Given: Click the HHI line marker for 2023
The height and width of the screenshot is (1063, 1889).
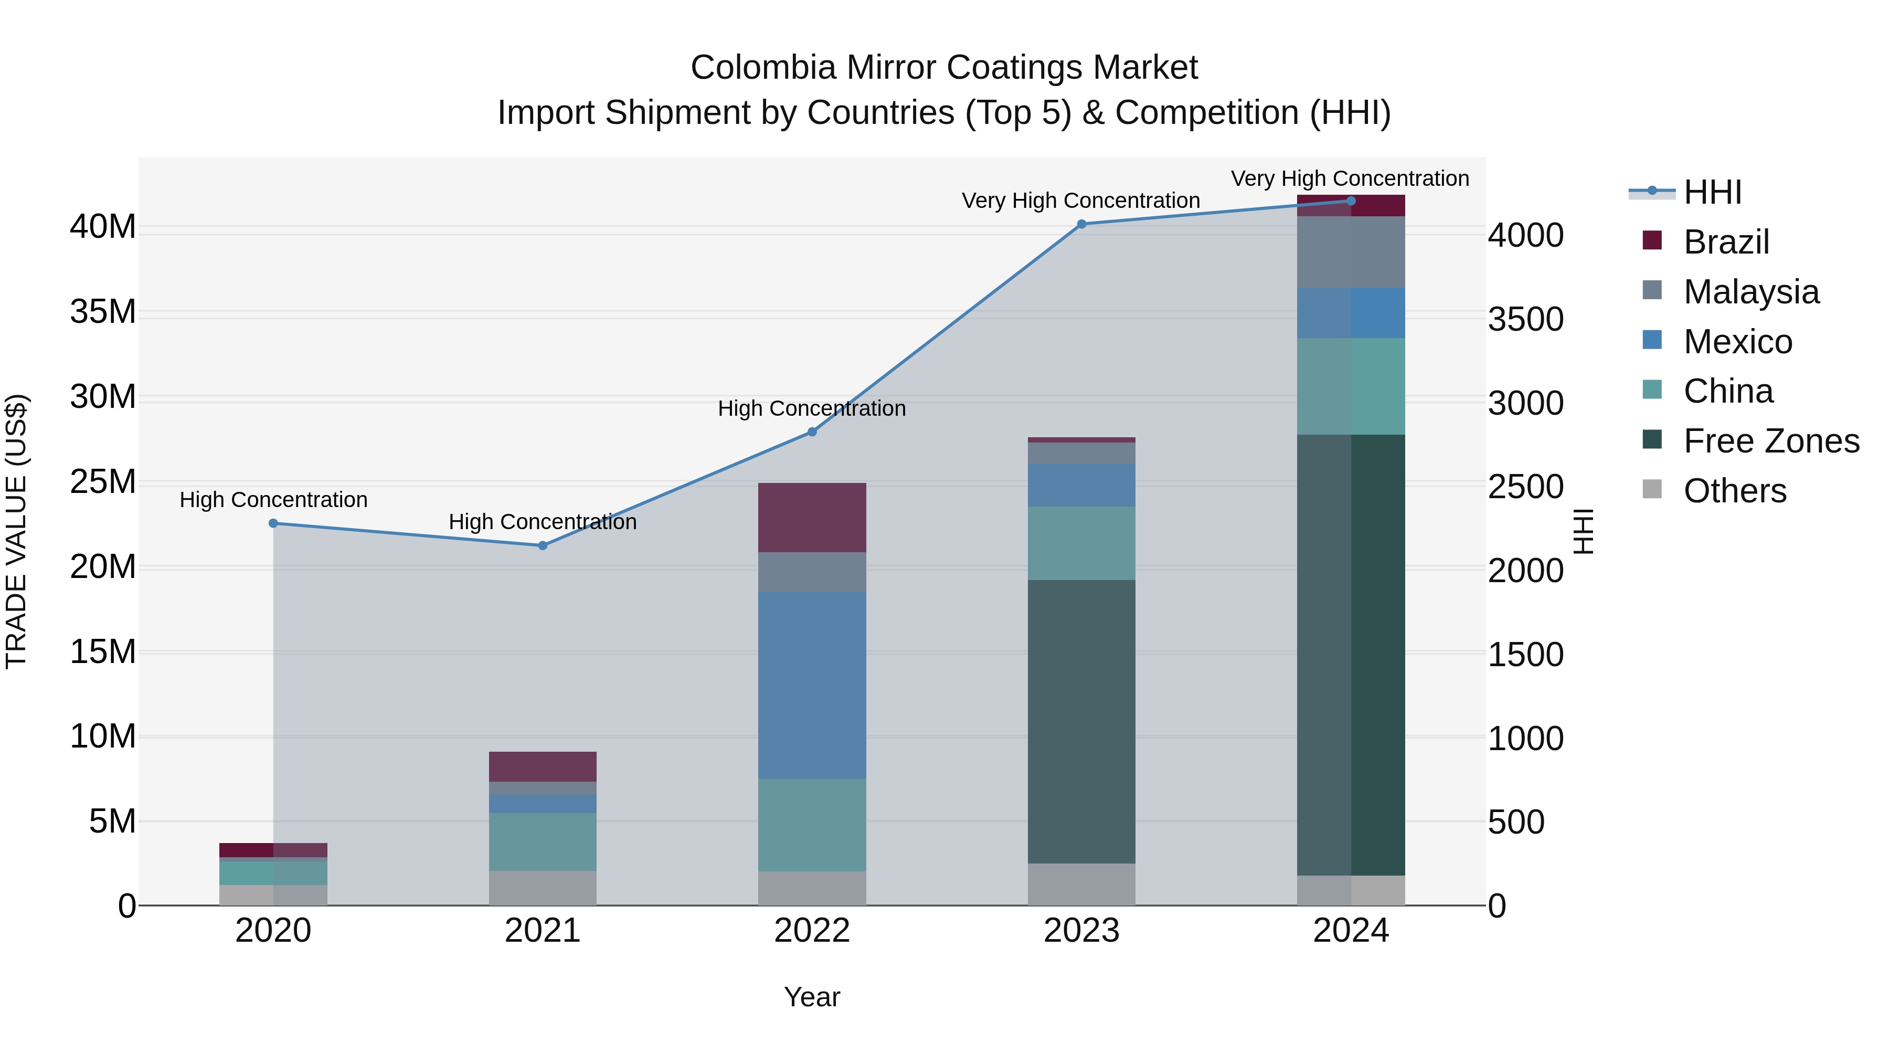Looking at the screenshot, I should click(x=1081, y=225).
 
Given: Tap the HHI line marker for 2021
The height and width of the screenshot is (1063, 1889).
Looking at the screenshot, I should click(x=543, y=546).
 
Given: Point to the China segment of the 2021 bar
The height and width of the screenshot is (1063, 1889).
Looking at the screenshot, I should click(x=543, y=841).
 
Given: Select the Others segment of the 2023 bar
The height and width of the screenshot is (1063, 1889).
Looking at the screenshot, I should click(x=1081, y=884).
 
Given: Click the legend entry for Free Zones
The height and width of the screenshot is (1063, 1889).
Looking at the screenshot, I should click(x=1770, y=441).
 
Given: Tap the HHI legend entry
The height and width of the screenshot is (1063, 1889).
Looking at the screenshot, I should click(x=1712, y=192).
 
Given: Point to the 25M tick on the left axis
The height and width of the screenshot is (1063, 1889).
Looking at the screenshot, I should click(x=103, y=482).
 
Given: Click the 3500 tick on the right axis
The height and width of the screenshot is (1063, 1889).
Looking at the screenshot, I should click(x=1526, y=320).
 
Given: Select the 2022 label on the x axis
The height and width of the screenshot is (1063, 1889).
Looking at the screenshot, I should click(x=812, y=931).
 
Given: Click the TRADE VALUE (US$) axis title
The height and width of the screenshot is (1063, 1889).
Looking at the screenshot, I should click(x=16, y=531).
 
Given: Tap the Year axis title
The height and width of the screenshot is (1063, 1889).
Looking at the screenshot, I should click(x=812, y=997).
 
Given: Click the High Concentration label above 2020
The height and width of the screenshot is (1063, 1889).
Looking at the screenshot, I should click(x=273, y=500).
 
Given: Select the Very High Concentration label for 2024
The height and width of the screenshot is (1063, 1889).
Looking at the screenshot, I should click(x=1350, y=178).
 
